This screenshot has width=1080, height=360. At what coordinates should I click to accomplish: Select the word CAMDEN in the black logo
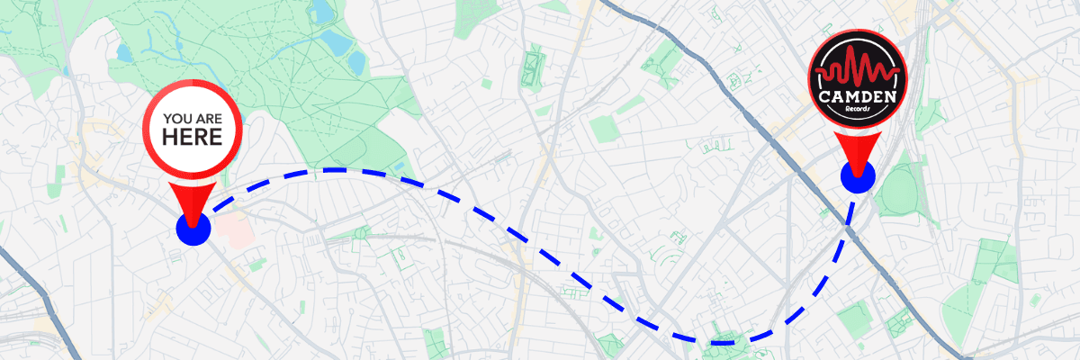point(857,94)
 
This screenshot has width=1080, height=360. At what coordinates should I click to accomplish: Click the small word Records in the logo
point(858,110)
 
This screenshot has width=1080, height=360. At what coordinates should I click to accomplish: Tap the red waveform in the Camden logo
point(857,70)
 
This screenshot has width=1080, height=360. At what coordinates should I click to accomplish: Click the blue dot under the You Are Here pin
point(193,229)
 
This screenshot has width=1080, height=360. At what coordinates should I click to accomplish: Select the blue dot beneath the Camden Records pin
point(857,176)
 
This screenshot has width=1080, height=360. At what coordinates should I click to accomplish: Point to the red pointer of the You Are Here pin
point(193,200)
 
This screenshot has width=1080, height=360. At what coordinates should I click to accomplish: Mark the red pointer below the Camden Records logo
point(857,149)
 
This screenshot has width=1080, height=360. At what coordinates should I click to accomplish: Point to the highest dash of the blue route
point(333,169)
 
